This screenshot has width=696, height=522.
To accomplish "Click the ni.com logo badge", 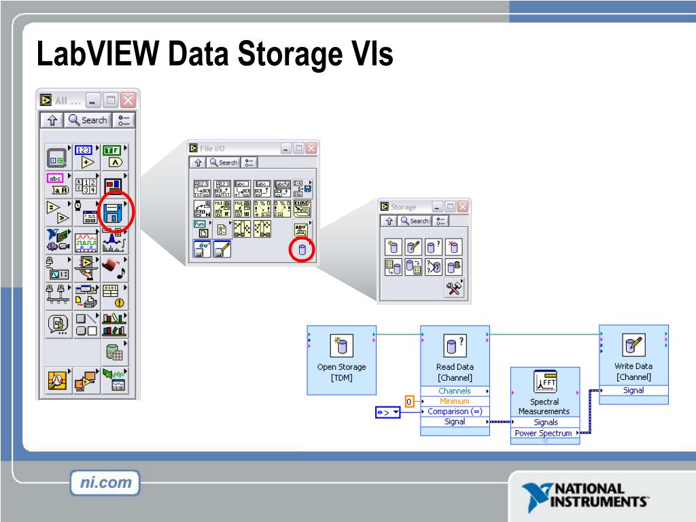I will (x=105, y=484).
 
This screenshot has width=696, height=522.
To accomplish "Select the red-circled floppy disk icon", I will (x=113, y=213).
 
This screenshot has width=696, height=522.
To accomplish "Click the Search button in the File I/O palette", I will (x=224, y=162).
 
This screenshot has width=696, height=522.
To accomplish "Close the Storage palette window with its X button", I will (x=463, y=207).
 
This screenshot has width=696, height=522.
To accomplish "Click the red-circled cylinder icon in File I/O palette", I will (x=302, y=250).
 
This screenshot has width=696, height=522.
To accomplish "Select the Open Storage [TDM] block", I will (x=341, y=360).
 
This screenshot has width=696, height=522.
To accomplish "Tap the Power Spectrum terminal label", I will (x=543, y=433).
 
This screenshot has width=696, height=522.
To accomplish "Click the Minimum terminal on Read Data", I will (x=454, y=401).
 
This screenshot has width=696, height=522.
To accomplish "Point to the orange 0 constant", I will (x=409, y=402).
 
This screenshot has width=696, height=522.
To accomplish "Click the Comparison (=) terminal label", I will (x=454, y=411).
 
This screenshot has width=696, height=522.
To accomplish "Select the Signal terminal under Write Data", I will (x=633, y=390).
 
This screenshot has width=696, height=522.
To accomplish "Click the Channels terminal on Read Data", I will (x=454, y=391).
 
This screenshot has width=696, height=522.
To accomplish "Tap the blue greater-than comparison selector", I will (x=388, y=412).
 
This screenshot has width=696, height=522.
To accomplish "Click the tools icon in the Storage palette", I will (x=453, y=288).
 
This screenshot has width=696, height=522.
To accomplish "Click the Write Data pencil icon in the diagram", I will (x=633, y=345).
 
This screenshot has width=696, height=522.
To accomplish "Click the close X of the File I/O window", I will (x=311, y=148).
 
